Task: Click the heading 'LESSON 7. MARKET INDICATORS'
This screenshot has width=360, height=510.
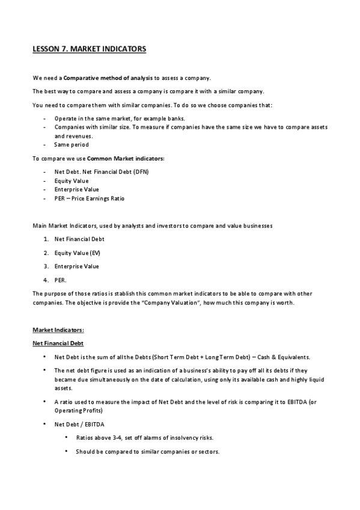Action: click(89, 49)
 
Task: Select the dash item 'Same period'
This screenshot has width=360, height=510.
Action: click(71, 145)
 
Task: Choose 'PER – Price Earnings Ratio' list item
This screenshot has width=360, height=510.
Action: click(89, 198)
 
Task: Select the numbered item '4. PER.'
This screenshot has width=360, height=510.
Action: click(60, 280)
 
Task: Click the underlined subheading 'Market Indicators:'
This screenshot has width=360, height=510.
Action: click(58, 330)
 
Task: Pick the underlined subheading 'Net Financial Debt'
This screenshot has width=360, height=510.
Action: click(58, 343)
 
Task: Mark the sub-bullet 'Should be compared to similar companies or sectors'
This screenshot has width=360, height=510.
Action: click(147, 452)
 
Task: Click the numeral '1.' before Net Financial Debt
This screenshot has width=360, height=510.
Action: click(46, 239)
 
